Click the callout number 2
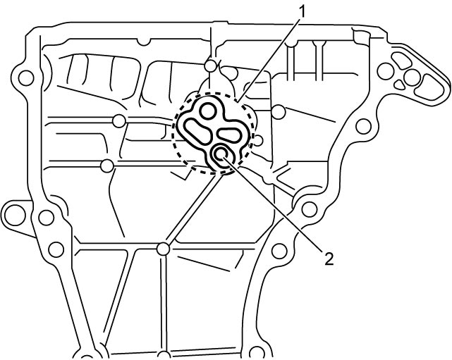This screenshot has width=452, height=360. (329, 259)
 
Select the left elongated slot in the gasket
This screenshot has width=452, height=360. (196, 130)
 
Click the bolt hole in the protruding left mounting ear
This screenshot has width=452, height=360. (14, 215)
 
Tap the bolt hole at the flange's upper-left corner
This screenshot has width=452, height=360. (26, 77)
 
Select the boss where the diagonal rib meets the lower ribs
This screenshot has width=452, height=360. (164, 249)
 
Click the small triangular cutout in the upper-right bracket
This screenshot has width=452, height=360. (399, 84)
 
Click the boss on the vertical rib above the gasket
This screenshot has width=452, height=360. (211, 66)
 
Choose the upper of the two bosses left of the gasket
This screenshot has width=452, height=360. (119, 120)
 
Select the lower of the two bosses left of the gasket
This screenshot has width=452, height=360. (107, 166)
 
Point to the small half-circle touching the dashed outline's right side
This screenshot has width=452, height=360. (258, 141)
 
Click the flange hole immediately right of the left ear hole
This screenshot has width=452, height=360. (46, 218)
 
